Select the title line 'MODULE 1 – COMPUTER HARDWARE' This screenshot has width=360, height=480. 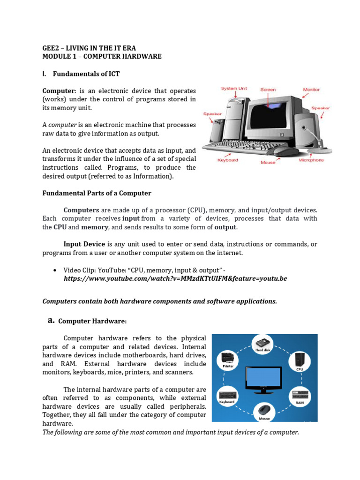tap(102, 56)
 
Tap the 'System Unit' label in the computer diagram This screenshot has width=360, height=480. tap(234, 89)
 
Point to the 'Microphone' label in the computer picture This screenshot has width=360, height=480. tap(311, 160)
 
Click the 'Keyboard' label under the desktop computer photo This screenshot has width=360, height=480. tap(228, 160)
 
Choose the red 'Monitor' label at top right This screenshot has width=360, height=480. tap(311, 89)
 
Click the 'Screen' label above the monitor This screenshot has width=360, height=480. tap(268, 89)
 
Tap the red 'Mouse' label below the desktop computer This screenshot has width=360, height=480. tap(268, 163)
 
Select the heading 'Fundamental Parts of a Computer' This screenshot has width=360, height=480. tap(97, 193)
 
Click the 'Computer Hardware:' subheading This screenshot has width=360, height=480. tap(92, 321)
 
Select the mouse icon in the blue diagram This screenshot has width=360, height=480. tap(264, 409)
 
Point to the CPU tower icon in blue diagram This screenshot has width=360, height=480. tap(300, 360)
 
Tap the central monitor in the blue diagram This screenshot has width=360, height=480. tap(264, 377)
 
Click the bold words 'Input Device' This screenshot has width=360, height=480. tap(85, 244)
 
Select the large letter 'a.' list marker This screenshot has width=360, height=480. tap(51, 320)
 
